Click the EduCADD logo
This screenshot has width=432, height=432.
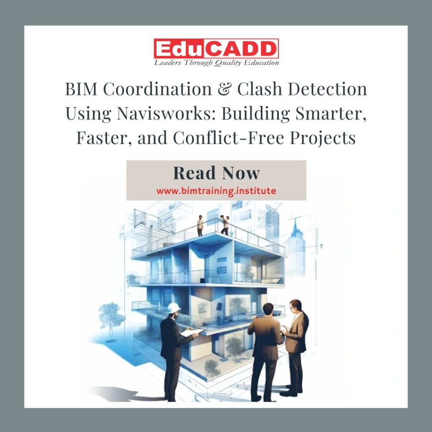pyautogui.click(x=216, y=49)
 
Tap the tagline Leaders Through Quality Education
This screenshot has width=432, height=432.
pyautogui.click(x=216, y=63)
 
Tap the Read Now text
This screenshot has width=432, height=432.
pyautogui.click(x=216, y=173)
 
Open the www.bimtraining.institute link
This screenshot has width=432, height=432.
pyautogui.click(x=216, y=191)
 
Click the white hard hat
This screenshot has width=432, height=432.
pyautogui.click(x=173, y=308)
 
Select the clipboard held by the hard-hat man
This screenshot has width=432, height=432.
pyautogui.click(x=192, y=332)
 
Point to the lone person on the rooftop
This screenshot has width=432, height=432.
pyautogui.click(x=200, y=225)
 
